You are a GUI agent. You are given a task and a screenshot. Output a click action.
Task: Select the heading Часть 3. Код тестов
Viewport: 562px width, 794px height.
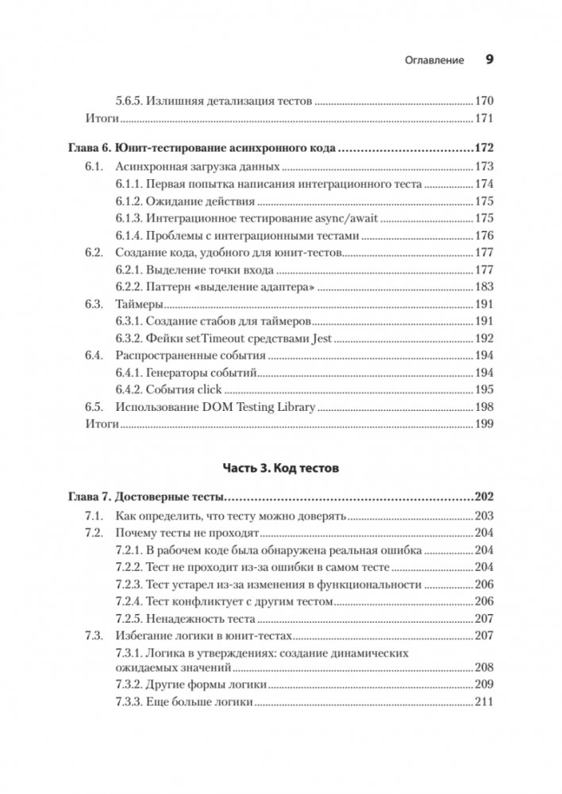tap(280, 469)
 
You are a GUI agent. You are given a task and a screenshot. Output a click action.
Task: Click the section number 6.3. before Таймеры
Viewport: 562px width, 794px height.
tap(94, 304)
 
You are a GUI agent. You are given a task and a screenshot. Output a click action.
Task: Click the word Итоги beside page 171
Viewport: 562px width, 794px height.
tap(101, 118)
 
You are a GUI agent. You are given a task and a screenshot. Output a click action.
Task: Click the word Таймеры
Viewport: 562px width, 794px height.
tap(140, 304)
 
